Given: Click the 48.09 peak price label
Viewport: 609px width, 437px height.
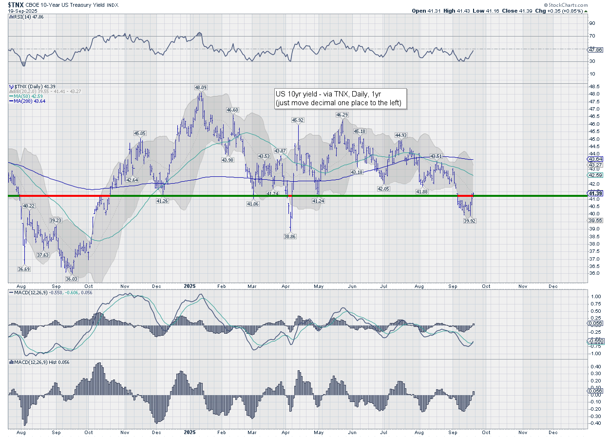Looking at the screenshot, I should (201, 87).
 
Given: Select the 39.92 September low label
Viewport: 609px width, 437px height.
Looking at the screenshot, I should (469, 221).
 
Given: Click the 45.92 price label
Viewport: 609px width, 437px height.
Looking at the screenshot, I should (298, 120).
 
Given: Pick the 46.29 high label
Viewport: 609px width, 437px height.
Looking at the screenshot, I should (342, 114).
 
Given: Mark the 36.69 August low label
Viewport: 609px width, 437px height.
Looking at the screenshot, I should (24, 269).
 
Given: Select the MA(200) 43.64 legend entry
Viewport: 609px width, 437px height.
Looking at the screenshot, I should (26, 101).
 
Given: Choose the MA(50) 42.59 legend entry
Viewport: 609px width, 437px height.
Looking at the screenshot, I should (25, 96).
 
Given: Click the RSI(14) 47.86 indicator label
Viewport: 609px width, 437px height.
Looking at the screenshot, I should (25, 17).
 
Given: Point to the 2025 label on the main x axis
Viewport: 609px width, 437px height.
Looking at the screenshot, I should (190, 287).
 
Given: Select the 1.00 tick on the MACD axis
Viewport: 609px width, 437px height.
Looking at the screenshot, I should (595, 296).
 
